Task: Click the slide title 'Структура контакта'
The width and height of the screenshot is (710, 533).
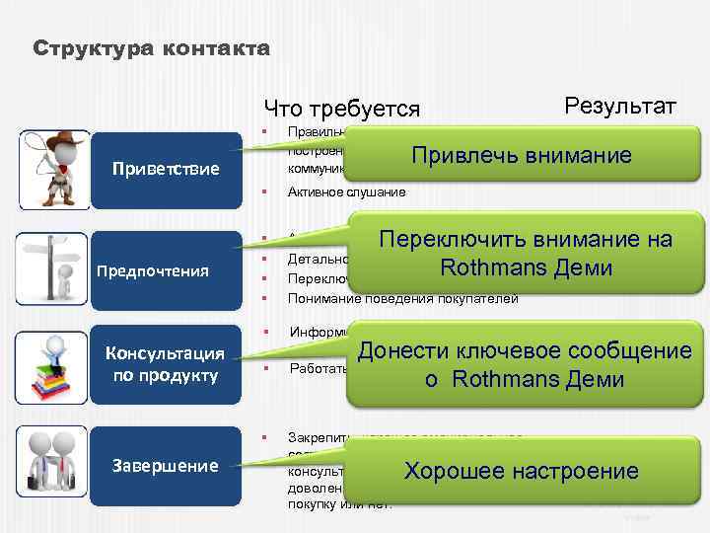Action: point(149,48)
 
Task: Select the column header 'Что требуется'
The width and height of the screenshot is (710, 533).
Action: point(341,109)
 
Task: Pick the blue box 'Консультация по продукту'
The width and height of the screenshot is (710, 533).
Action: point(167,364)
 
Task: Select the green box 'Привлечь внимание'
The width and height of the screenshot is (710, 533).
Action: point(521,155)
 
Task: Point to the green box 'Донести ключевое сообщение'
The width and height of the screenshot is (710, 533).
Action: point(525,364)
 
